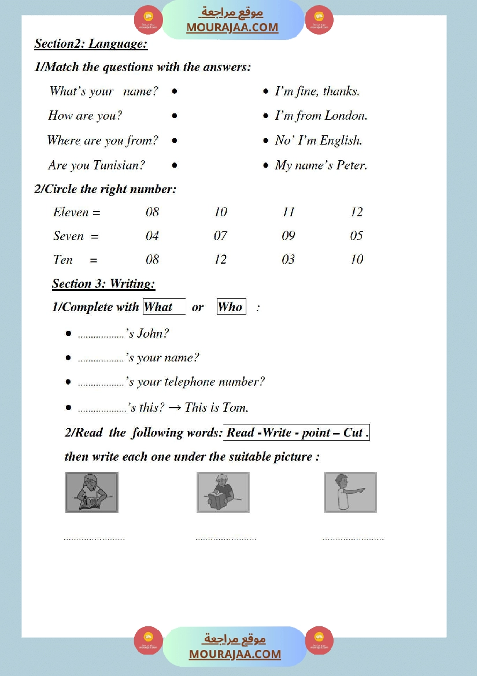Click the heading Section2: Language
point(91,44)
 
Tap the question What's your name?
point(103,91)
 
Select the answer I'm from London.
point(321,116)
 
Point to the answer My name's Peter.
point(321,165)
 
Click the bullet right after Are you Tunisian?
point(175,165)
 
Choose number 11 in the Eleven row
point(289,212)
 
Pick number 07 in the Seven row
point(220,236)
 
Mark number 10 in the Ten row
point(357,260)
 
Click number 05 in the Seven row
point(357,236)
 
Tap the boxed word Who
point(230,307)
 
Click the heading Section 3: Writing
point(103,284)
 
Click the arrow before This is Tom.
point(175,408)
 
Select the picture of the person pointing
point(350,492)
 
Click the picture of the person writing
point(91,492)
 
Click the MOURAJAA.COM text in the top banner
point(232,27)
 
